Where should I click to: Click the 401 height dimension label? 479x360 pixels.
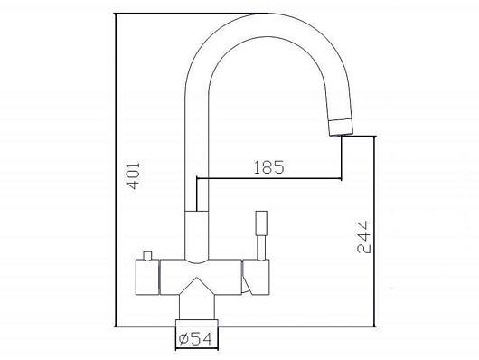click(x=133, y=175)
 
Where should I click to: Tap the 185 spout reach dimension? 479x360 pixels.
click(x=268, y=167)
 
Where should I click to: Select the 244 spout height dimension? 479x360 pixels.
click(x=363, y=237)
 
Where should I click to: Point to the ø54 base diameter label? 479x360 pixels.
click(x=195, y=339)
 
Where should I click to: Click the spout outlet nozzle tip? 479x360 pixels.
click(x=341, y=127)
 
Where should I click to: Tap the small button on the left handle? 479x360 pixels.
click(x=147, y=256)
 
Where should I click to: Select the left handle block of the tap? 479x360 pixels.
click(x=147, y=278)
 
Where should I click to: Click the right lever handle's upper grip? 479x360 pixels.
click(x=261, y=223)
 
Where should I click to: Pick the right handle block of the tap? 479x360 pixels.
click(x=257, y=278)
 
